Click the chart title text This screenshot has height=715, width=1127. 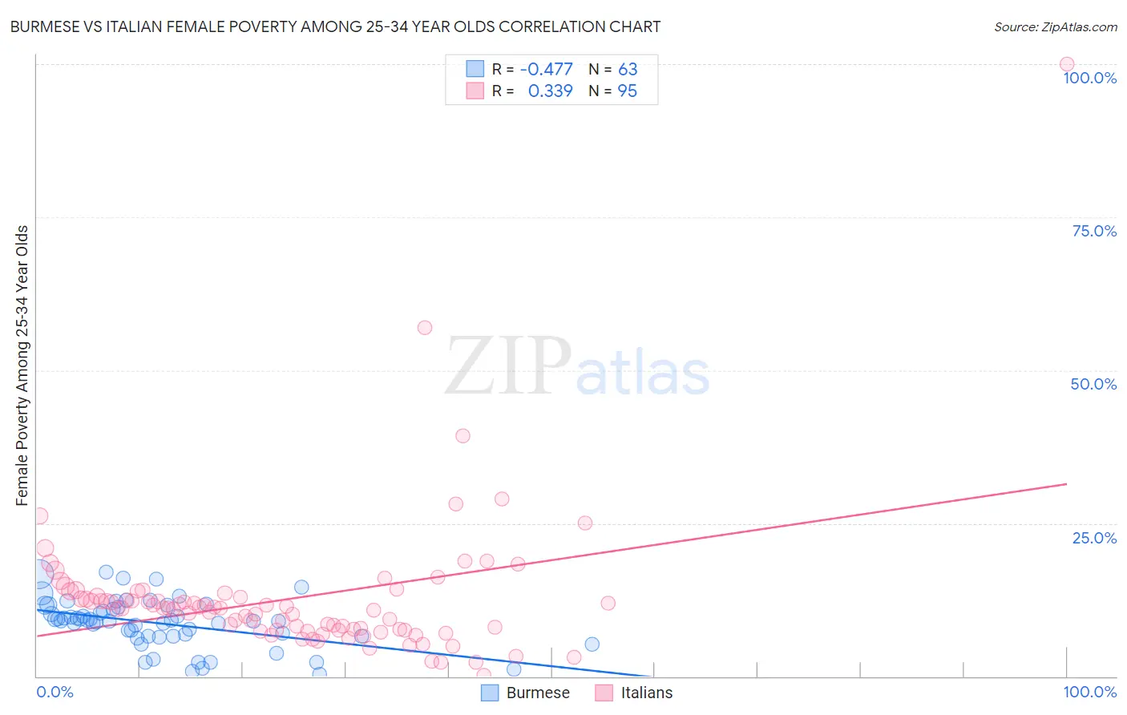point(335,26)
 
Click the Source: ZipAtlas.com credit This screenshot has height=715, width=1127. point(1055,26)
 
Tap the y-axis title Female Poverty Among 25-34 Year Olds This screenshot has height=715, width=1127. point(22,366)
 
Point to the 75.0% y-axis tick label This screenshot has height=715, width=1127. point(1093,231)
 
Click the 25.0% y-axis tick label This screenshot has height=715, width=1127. point(1093,537)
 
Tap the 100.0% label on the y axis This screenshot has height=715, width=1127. point(1089,78)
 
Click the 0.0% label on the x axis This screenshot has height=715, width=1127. point(55,692)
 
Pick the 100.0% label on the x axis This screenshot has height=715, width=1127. point(1089,692)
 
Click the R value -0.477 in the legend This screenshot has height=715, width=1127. point(546,70)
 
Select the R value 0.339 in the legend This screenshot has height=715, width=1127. point(550,91)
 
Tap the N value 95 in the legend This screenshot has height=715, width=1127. point(627,91)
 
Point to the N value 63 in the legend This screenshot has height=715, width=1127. point(627,70)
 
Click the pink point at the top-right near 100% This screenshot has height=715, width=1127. point(1066,64)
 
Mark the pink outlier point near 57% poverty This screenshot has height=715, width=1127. point(425,327)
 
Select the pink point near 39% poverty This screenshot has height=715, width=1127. point(463,436)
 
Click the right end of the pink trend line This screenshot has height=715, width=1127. point(1066,484)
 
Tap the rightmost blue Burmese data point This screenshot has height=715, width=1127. point(592,644)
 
